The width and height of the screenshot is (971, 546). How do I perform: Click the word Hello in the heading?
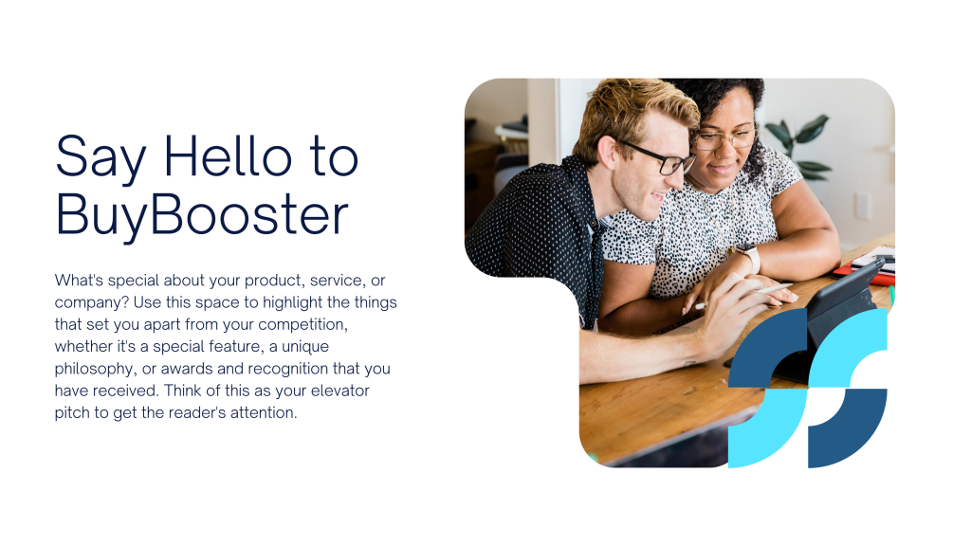228,157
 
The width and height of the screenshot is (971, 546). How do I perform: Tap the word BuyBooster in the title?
202,216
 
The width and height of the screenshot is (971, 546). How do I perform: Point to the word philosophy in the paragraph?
95,369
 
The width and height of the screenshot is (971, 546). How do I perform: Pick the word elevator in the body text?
340,391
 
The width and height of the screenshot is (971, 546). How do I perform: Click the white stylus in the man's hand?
743,297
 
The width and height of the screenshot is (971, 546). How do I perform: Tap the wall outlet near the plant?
862,206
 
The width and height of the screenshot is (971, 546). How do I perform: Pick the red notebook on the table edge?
865,273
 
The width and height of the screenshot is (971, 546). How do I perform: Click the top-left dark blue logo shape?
768,348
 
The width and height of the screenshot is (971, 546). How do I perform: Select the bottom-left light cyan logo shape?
768,428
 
